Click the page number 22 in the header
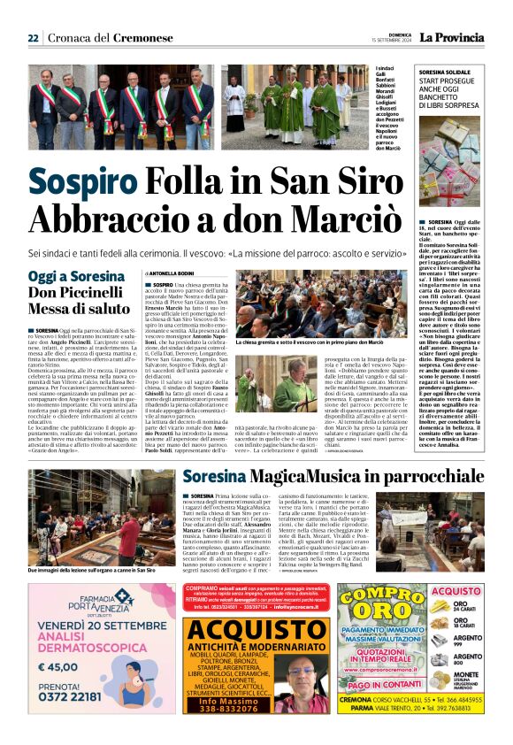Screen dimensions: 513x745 pyautogui.click(x=33, y=38)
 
